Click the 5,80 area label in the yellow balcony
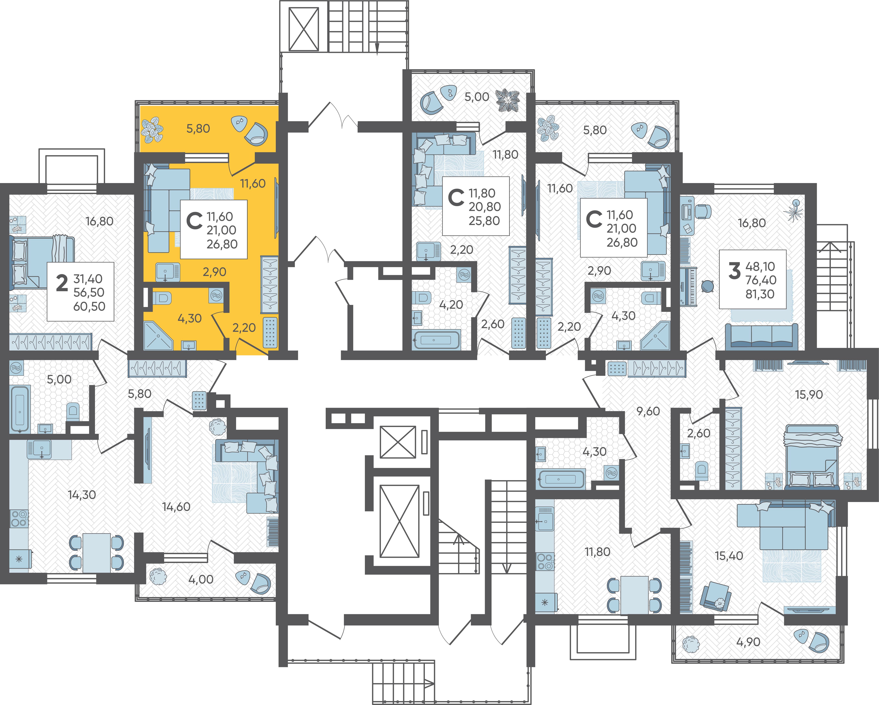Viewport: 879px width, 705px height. click(x=198, y=129)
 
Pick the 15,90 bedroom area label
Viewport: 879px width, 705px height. click(x=809, y=395)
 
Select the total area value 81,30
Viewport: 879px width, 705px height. click(x=760, y=294)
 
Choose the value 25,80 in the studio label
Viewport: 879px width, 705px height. click(x=484, y=221)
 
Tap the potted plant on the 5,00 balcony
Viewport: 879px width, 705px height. click(x=508, y=100)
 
